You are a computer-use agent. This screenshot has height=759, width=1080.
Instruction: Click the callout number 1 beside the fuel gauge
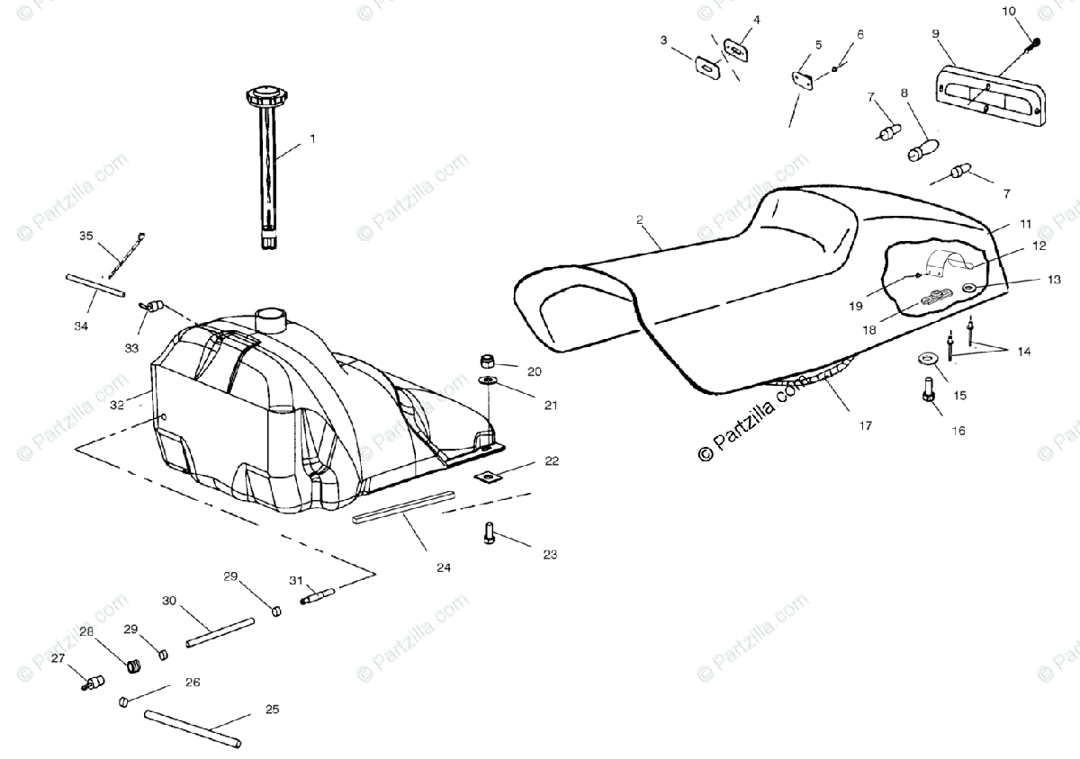pyautogui.click(x=312, y=139)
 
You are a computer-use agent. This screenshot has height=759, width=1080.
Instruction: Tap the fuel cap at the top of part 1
pyautogui.click(x=265, y=94)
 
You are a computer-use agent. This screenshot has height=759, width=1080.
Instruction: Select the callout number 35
pyautogui.click(x=85, y=237)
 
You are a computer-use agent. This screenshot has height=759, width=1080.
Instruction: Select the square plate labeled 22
pyautogui.click(x=487, y=476)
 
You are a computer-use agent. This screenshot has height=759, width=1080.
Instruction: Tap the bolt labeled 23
pyautogui.click(x=489, y=534)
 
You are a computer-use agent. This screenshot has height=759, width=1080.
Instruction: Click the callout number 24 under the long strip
pyautogui.click(x=444, y=567)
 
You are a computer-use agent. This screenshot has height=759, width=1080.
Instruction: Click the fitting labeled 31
pyautogui.click(x=317, y=594)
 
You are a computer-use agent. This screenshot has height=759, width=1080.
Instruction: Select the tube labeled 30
pyautogui.click(x=211, y=633)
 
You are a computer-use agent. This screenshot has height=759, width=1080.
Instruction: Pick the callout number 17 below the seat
pyautogui.click(x=865, y=425)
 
